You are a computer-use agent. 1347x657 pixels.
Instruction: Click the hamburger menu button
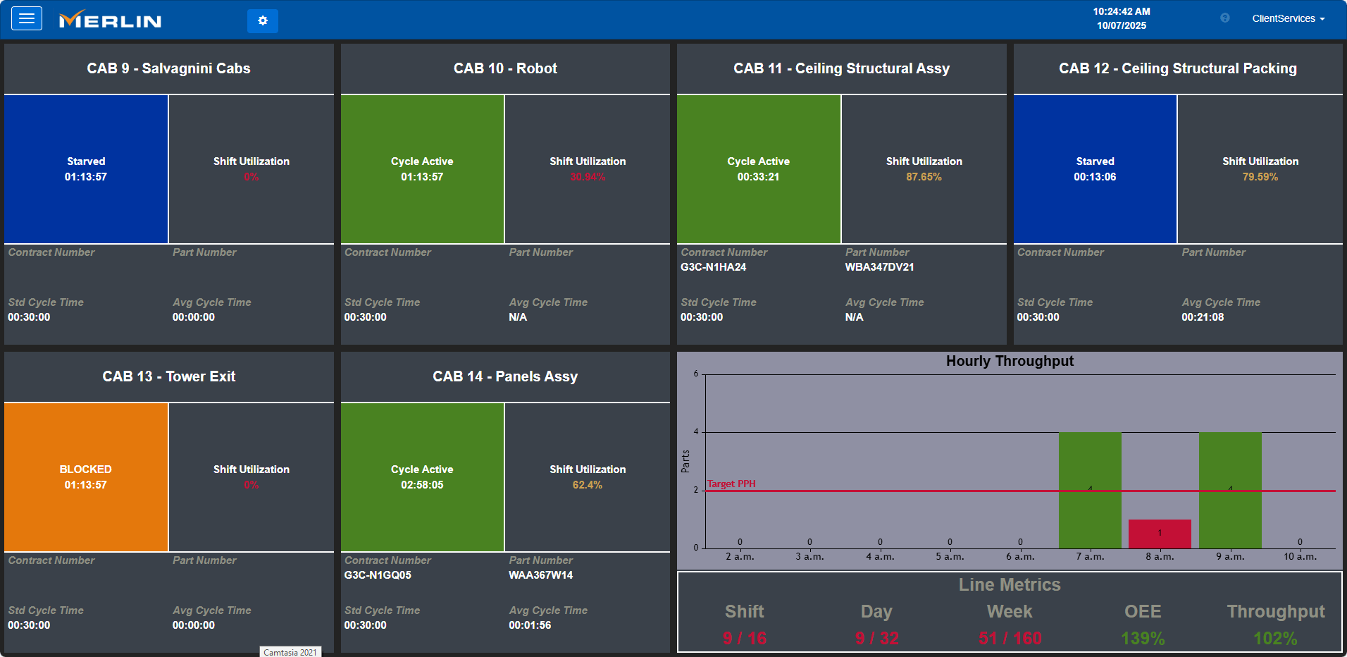click(27, 18)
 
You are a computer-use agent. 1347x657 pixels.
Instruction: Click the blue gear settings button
click(262, 21)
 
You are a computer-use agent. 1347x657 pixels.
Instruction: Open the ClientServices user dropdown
click(1288, 18)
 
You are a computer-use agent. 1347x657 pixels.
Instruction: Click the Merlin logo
click(111, 20)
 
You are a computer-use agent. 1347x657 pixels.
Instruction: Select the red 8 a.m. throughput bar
click(1160, 534)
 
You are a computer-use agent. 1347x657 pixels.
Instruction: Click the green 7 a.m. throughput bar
click(1090, 489)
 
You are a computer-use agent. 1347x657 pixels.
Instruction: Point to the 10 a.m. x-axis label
click(1300, 556)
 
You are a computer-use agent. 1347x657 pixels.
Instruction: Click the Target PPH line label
click(731, 484)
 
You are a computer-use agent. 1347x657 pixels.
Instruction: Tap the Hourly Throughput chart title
click(1010, 361)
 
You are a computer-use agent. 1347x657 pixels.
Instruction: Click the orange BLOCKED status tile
click(86, 477)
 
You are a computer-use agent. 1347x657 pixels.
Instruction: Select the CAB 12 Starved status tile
click(1095, 169)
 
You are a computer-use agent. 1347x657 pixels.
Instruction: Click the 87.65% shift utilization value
click(924, 177)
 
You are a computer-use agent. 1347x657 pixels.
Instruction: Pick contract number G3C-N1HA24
click(713, 267)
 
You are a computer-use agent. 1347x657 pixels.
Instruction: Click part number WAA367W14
click(540, 575)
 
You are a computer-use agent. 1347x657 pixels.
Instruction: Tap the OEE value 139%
click(1143, 638)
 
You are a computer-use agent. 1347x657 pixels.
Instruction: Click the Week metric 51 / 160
click(1010, 638)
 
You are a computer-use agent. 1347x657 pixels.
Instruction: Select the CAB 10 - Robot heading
click(505, 68)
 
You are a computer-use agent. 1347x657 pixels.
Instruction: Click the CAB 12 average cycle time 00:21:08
click(1203, 317)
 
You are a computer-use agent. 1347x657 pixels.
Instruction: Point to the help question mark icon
click(1225, 18)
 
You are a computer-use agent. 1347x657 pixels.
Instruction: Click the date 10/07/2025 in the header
click(1122, 25)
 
